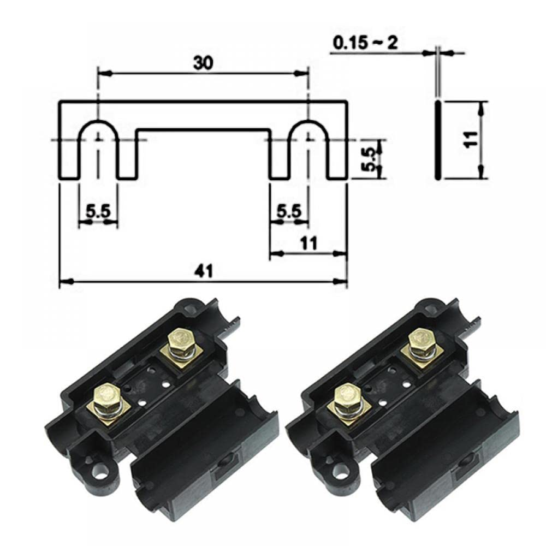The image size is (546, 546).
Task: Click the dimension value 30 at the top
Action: click(203, 63)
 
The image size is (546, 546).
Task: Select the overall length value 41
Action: click(203, 271)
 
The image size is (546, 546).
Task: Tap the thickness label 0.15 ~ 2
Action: click(366, 43)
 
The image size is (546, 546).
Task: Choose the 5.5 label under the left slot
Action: click(98, 211)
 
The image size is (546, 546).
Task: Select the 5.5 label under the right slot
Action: click(289, 211)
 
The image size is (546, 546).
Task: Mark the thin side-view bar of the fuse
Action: click(438, 140)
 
